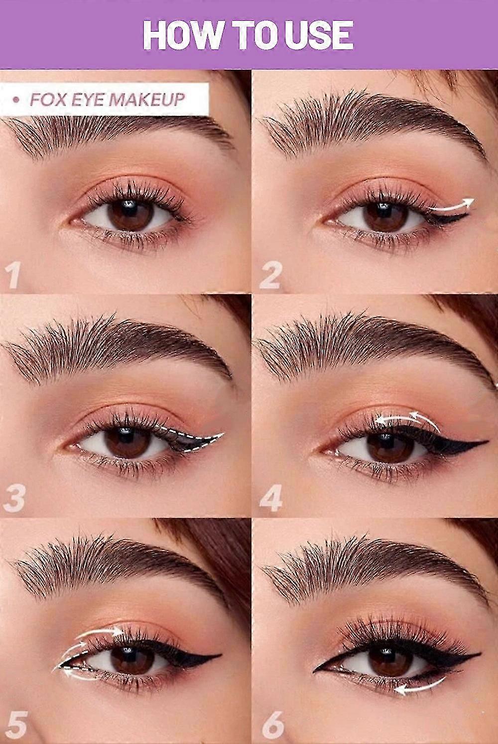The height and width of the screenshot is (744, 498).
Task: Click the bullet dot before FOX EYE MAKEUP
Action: pos(15,100)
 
